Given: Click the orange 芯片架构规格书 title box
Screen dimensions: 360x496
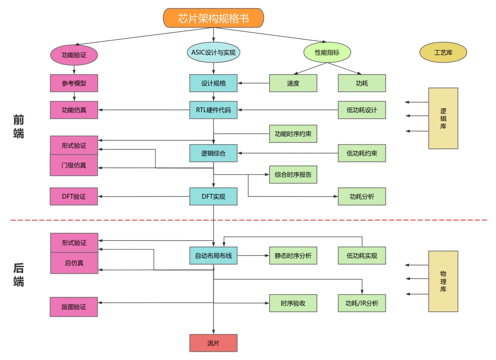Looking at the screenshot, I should coord(213,18).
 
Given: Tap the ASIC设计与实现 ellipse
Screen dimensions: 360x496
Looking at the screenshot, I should coord(213,52).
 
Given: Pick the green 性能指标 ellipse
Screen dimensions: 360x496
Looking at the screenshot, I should coord(327,52).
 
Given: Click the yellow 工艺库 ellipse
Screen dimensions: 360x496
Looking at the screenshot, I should coord(443,53).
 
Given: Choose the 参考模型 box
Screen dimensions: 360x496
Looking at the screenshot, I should coord(74,83).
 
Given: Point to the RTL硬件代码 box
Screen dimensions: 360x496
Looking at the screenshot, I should coord(213,110).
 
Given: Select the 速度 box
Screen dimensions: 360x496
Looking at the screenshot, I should coord(293,83).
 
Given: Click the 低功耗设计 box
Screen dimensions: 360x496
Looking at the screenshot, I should coord(362,110).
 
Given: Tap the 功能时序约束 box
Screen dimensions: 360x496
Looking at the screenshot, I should coord(293,134).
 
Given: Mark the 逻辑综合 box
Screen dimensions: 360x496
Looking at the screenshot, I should coord(213,153).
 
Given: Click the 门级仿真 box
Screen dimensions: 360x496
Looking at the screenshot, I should coord(74,165).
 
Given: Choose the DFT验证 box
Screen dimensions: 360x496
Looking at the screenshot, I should coord(74,196).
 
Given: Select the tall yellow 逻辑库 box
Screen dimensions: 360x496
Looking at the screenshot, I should coord(443,118).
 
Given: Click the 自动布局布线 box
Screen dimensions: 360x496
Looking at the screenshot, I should coord(213,256).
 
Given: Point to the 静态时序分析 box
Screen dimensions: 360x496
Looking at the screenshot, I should coord(293,256).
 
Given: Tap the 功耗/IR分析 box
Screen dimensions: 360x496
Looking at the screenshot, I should coord(362,303).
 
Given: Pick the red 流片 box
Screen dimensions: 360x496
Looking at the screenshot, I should coord(213,343).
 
